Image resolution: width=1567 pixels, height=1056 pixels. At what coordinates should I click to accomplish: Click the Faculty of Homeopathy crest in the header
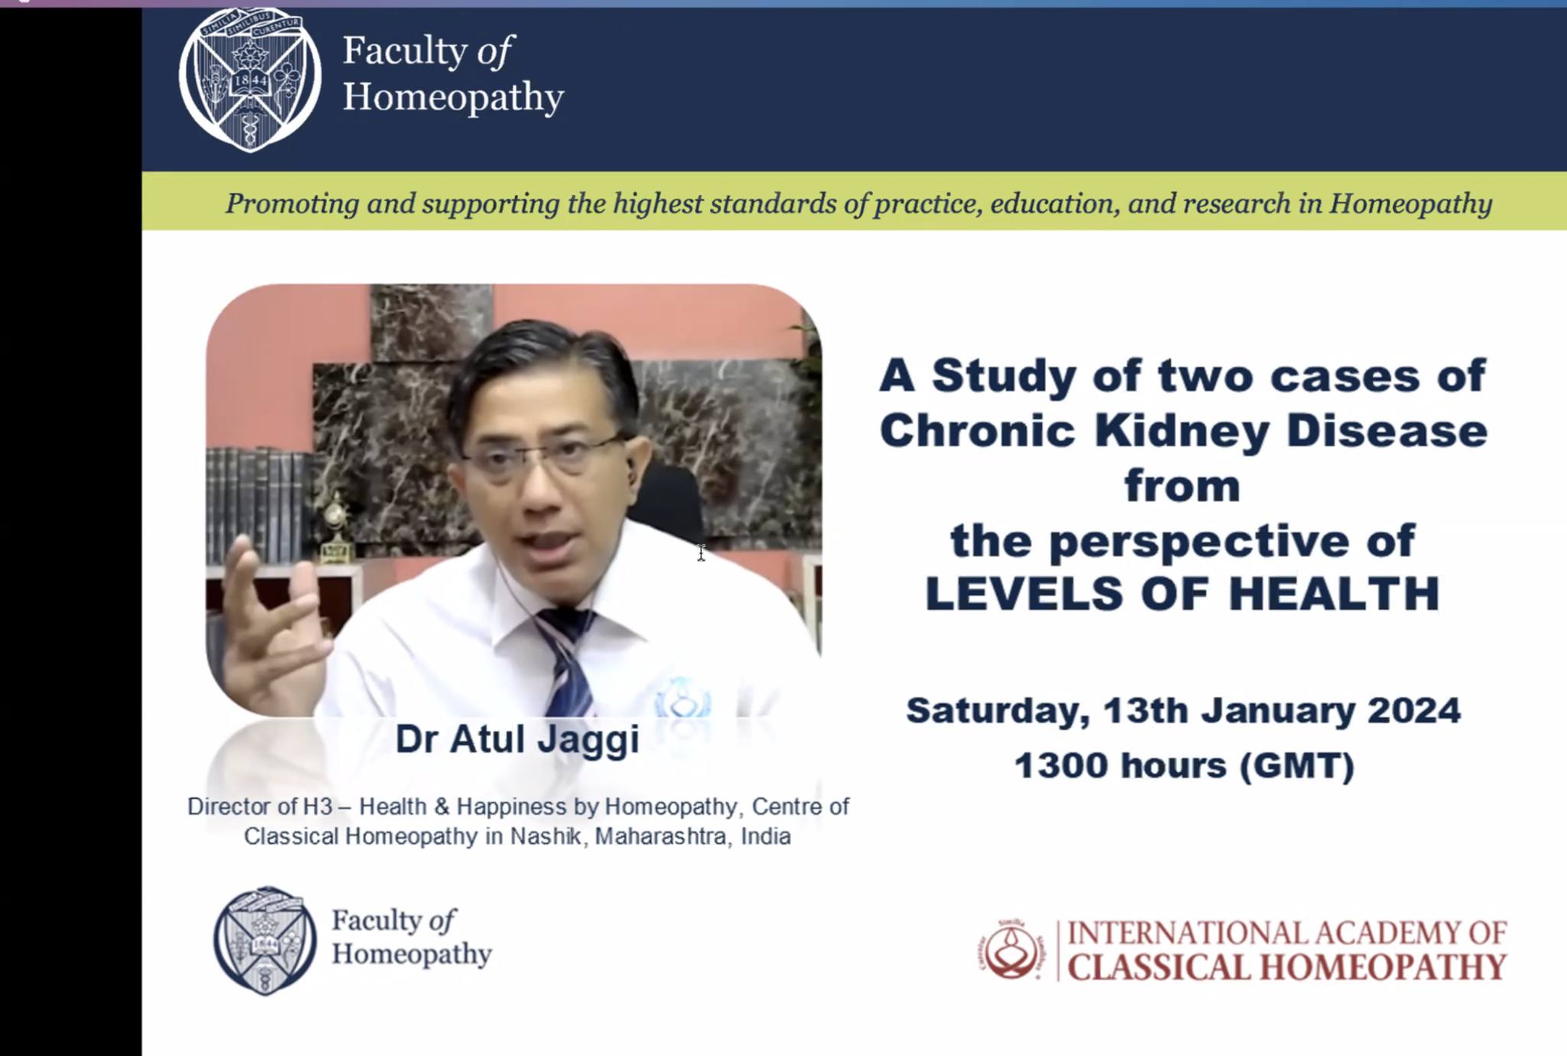pyautogui.click(x=250, y=80)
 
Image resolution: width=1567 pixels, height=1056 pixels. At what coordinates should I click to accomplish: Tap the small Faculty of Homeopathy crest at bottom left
pyautogui.click(x=265, y=940)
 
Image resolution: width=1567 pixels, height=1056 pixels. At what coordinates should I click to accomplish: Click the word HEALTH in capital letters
pyautogui.click(x=1334, y=594)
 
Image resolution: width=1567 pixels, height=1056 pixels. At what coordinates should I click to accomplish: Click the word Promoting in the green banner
pyautogui.click(x=292, y=204)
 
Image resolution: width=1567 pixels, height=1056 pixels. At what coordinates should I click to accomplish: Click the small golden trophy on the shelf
pyautogui.click(x=334, y=528)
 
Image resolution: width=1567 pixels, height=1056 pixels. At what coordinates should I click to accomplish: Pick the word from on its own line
pyautogui.click(x=1182, y=487)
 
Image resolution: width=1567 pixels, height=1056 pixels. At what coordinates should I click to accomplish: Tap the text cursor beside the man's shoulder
pyautogui.click(x=701, y=552)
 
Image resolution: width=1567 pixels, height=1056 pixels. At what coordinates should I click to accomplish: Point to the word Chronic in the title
pyautogui.click(x=978, y=432)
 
